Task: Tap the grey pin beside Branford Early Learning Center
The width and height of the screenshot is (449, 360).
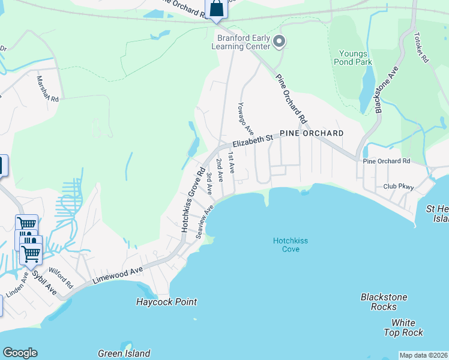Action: pos(279,41)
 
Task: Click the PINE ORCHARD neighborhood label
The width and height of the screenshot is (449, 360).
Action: pos(312,133)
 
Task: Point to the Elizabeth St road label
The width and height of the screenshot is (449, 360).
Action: pos(253,140)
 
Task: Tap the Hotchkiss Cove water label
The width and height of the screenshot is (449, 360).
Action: pos(291,244)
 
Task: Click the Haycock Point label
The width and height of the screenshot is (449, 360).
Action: pos(166,302)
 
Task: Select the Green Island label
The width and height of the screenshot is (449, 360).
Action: pos(124,353)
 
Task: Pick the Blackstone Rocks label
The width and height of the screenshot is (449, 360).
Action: pos(384,302)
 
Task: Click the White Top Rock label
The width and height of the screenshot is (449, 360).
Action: pos(403,328)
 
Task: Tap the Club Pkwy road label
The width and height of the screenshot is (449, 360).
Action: pos(399,187)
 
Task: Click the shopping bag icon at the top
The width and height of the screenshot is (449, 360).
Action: pos(216,9)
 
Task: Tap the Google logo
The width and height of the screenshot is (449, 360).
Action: pos(20,353)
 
